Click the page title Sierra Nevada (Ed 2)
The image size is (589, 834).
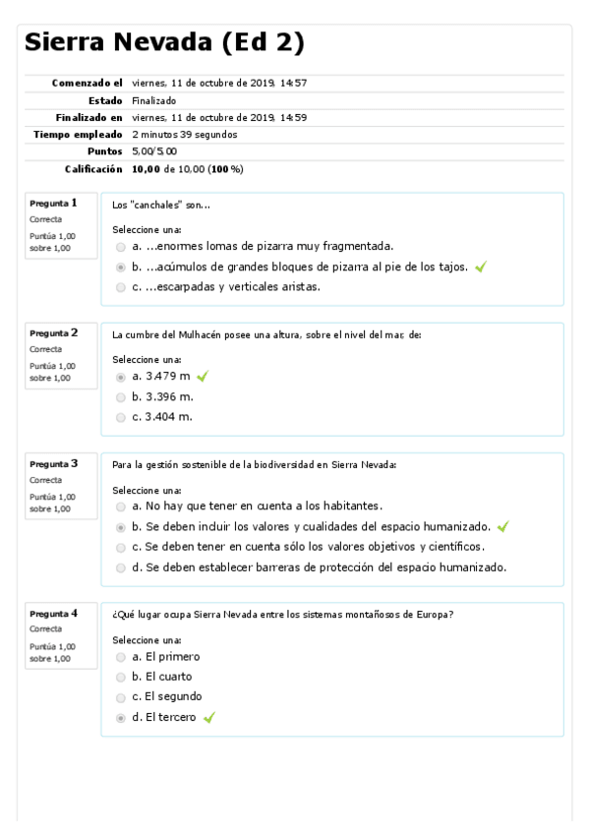click(163, 42)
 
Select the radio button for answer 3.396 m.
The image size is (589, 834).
click(121, 397)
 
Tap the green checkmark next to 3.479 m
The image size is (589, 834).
click(203, 377)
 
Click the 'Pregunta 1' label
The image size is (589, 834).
click(54, 203)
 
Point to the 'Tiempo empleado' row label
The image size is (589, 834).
click(78, 134)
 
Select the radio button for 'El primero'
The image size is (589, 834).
click(121, 656)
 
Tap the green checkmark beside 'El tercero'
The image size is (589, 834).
click(208, 718)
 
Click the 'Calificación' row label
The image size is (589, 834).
click(93, 169)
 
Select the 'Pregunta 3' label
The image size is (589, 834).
click(54, 463)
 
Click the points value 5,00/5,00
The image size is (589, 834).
click(154, 151)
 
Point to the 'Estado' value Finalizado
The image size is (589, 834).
click(153, 100)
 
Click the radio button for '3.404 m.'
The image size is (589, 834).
click(121, 417)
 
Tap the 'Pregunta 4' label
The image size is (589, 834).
click(54, 613)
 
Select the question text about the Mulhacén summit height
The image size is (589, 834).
click(266, 334)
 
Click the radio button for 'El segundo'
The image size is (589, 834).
click(121, 697)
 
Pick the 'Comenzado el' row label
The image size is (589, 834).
click(88, 83)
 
